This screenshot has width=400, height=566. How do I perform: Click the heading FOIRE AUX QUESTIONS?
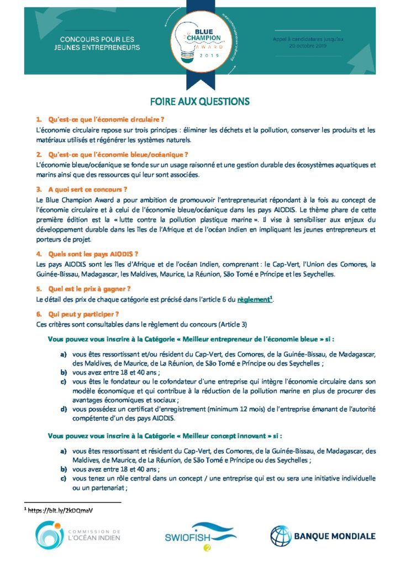[199, 101]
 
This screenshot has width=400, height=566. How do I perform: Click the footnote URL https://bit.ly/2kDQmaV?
[55, 511]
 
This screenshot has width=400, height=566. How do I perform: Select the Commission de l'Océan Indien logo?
[77, 536]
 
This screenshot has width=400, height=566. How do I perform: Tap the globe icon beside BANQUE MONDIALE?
[281, 536]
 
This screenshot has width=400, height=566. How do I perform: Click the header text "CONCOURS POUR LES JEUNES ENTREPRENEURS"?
[101, 44]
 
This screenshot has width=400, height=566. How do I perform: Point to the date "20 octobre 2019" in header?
[308, 46]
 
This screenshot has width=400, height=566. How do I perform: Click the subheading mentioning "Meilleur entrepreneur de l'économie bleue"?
[191, 337]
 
